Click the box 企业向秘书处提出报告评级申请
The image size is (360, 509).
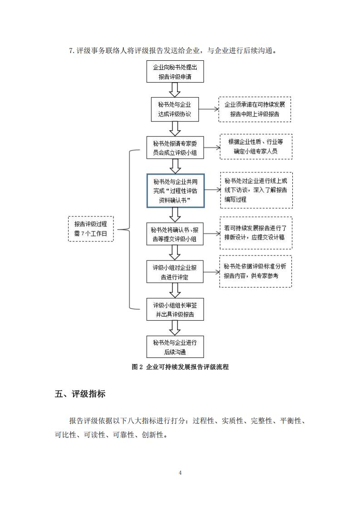click(175, 71)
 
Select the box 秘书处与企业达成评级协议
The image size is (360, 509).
click(175, 109)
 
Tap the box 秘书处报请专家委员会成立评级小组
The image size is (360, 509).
click(175, 148)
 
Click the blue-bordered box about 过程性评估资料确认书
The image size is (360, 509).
click(175, 191)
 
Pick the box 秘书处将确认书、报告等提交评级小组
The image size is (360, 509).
click(175, 234)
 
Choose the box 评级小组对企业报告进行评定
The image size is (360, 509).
click(175, 272)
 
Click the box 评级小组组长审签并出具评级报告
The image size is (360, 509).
click(175, 309)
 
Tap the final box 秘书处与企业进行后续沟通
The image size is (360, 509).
click(175, 347)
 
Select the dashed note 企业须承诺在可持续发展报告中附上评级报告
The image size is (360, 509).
click(255, 109)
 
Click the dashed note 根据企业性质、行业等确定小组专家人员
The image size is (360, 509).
click(256, 147)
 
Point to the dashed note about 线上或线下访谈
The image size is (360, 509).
click(256, 190)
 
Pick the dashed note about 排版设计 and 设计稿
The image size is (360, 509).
click(256, 233)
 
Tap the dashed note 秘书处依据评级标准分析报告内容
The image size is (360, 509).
click(256, 271)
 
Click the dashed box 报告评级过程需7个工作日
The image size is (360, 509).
click(91, 229)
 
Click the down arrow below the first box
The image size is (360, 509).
click(175, 90)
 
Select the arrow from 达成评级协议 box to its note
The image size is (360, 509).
click(208, 109)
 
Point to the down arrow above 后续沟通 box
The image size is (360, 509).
click(175, 328)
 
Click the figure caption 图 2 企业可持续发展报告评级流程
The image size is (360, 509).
click(180, 367)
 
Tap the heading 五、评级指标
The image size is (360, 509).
click(80, 394)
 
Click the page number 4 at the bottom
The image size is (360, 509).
click(180, 473)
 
